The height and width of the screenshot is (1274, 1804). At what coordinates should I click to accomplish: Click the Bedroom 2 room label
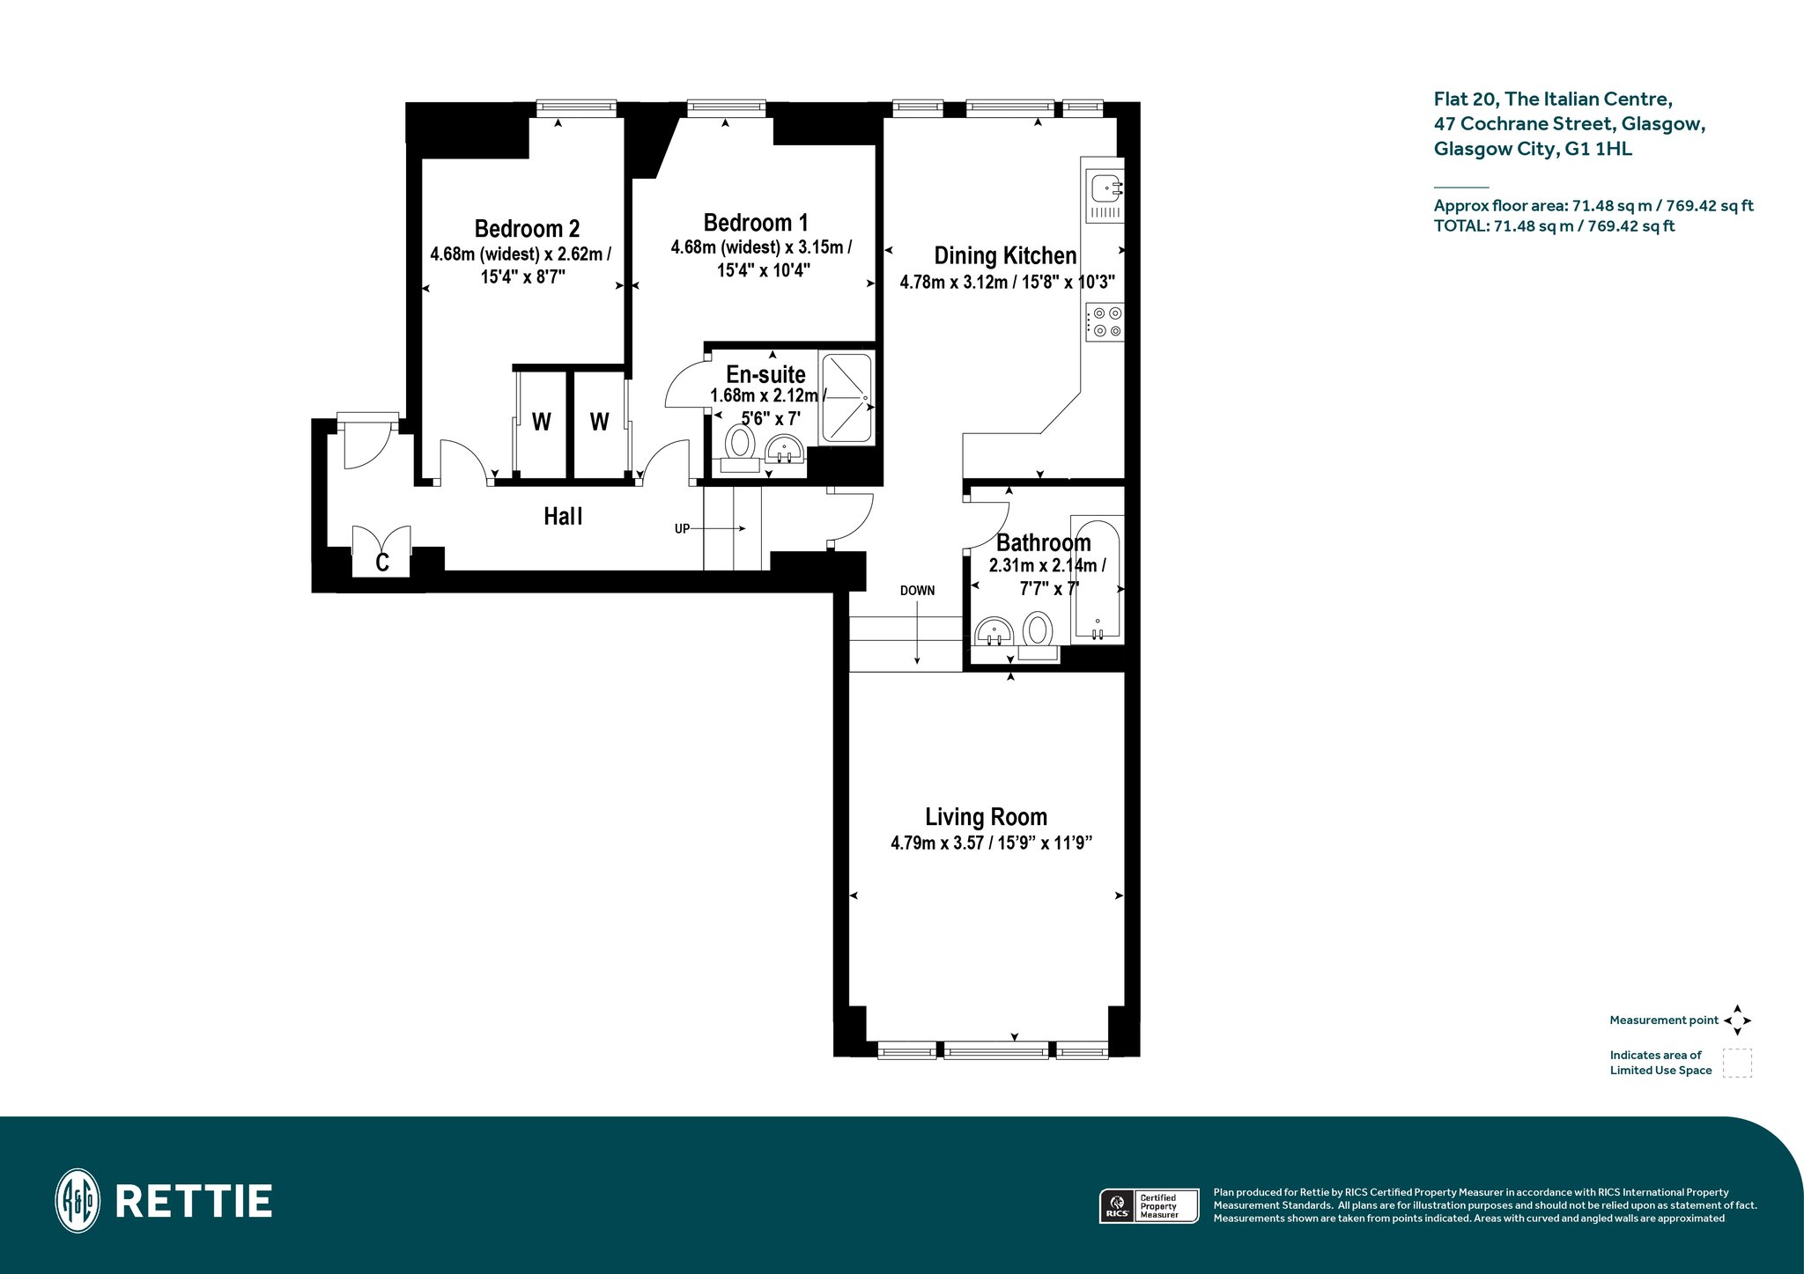tap(527, 229)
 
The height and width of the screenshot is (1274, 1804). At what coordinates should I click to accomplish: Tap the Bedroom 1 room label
tap(756, 223)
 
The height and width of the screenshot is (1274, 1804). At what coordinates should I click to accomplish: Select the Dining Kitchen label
tap(1005, 255)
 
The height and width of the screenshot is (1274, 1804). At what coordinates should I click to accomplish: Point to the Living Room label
tap(986, 817)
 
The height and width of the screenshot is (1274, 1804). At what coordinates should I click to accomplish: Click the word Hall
tap(563, 516)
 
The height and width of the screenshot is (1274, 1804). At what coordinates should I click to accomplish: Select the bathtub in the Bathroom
tap(1098, 579)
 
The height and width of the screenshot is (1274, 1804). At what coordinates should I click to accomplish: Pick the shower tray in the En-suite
tap(847, 398)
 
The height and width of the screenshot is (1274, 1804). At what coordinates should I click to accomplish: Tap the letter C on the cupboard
tap(382, 563)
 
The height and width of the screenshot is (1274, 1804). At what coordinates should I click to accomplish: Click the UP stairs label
tap(682, 529)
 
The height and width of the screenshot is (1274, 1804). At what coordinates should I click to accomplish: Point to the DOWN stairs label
tap(917, 591)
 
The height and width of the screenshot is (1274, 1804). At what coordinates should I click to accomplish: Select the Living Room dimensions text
tap(992, 843)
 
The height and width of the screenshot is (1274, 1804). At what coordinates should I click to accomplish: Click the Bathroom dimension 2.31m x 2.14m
tap(1046, 566)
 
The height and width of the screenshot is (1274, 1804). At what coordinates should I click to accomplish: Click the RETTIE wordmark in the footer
tap(194, 1202)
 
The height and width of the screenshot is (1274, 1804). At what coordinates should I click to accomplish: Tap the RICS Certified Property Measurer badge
tap(1149, 1206)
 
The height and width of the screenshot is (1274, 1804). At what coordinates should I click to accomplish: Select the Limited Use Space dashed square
tap(1737, 1063)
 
